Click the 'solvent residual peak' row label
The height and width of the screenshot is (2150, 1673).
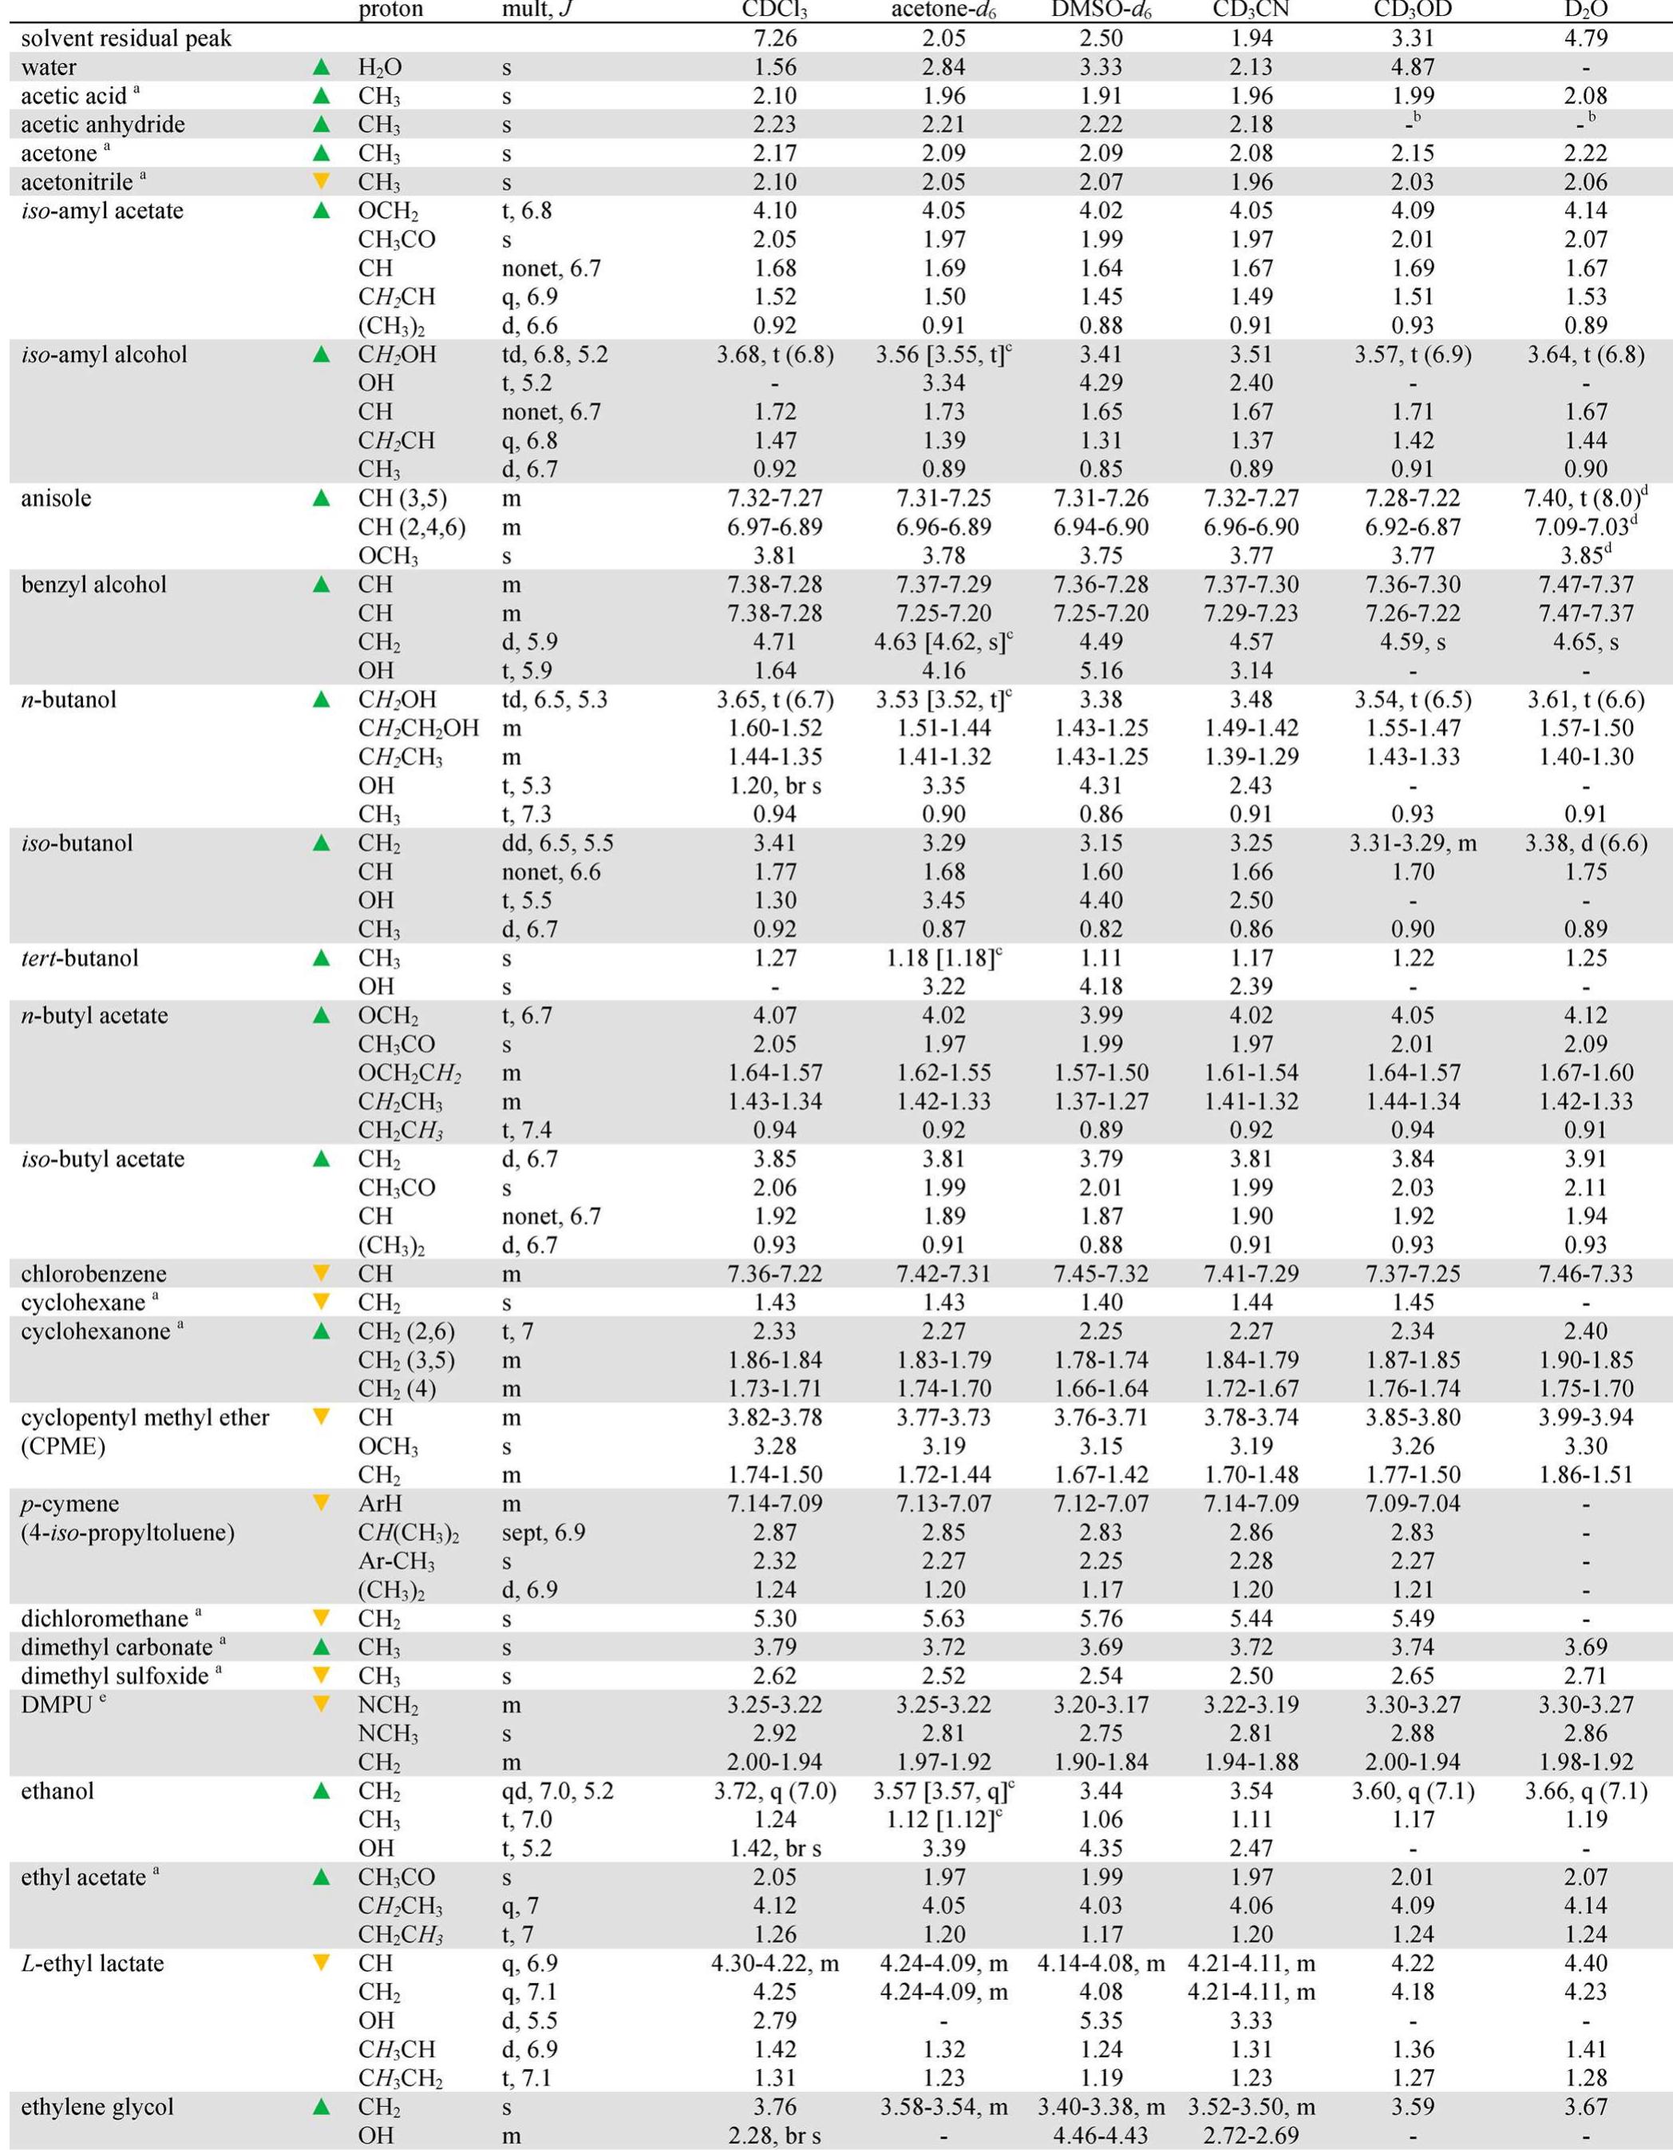pos(127,38)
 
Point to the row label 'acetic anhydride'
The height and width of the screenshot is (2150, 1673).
pos(102,125)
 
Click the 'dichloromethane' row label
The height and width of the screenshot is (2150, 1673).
pos(105,1618)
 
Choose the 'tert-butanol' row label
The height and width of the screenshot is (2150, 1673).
pos(80,958)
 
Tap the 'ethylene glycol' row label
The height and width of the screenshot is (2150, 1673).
pos(97,2107)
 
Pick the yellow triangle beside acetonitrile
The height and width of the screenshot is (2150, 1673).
pos(321,182)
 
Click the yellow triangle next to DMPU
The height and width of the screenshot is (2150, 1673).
pos(321,1704)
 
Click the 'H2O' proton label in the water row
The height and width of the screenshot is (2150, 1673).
pos(380,68)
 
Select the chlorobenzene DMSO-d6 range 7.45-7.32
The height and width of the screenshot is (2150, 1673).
pos(1100,1274)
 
